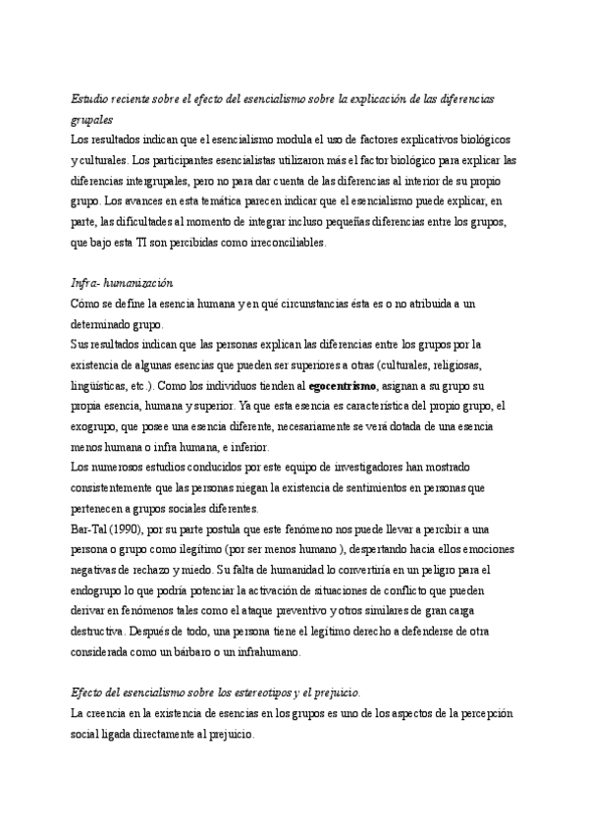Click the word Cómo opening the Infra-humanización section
86,305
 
